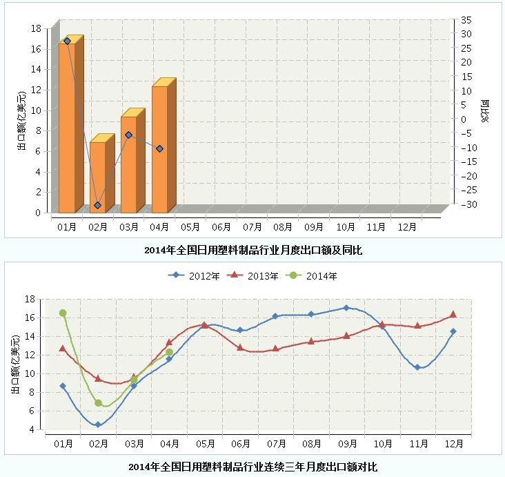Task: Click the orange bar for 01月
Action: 67,128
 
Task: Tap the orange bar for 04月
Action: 159,149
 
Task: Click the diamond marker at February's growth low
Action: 98,205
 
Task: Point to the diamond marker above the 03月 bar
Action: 129,135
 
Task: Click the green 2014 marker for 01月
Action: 63,313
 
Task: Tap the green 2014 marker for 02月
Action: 99,402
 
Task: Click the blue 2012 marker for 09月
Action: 346,308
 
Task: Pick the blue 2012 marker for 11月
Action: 417,367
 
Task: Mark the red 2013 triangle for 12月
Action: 453,314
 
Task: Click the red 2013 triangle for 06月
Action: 240,347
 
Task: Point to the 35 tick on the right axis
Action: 467,19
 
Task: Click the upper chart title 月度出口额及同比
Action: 253,251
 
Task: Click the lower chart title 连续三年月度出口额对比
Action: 253,467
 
